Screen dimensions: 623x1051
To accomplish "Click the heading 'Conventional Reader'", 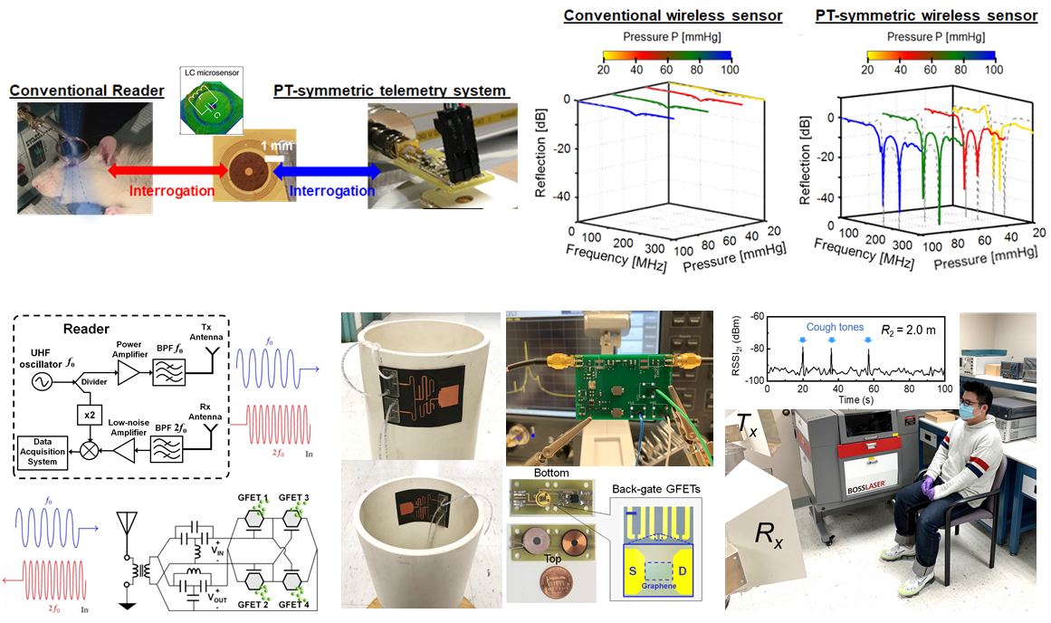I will tap(86, 91).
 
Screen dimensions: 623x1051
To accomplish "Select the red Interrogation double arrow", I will tap(164, 170).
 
